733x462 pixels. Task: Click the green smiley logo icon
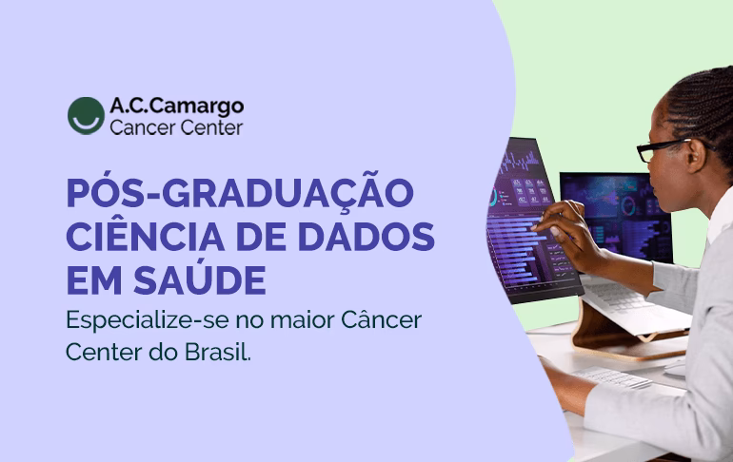(86, 115)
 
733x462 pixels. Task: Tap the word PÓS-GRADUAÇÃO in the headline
(239, 194)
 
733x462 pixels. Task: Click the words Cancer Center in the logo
(176, 127)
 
